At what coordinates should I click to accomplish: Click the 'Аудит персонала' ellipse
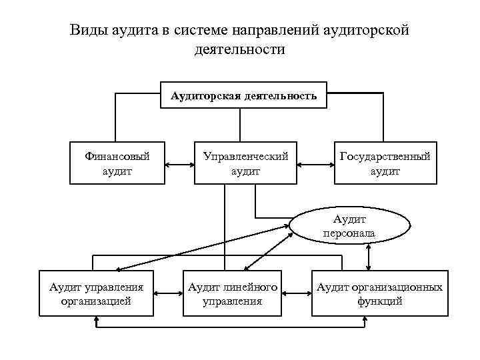pos(349,226)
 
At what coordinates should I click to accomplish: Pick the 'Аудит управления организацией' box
pos(97,294)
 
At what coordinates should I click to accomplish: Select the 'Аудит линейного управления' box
pos(232,294)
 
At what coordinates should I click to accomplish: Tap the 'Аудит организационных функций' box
pos(379,294)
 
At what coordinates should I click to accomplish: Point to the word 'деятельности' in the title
pos(239,49)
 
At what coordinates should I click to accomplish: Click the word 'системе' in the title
pos(200,30)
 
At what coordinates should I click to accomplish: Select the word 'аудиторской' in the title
pos(365,30)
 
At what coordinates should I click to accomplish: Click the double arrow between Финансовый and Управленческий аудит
pos(179,163)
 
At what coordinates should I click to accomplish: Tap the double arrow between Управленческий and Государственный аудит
pos(315,163)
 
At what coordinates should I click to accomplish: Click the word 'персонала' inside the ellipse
pos(349,233)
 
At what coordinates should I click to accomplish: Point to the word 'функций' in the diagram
pos(379,301)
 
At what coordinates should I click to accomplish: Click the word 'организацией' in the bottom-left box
pos(97,301)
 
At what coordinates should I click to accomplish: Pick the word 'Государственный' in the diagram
pos(385,157)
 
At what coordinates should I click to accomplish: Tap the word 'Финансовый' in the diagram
pos(117,157)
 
